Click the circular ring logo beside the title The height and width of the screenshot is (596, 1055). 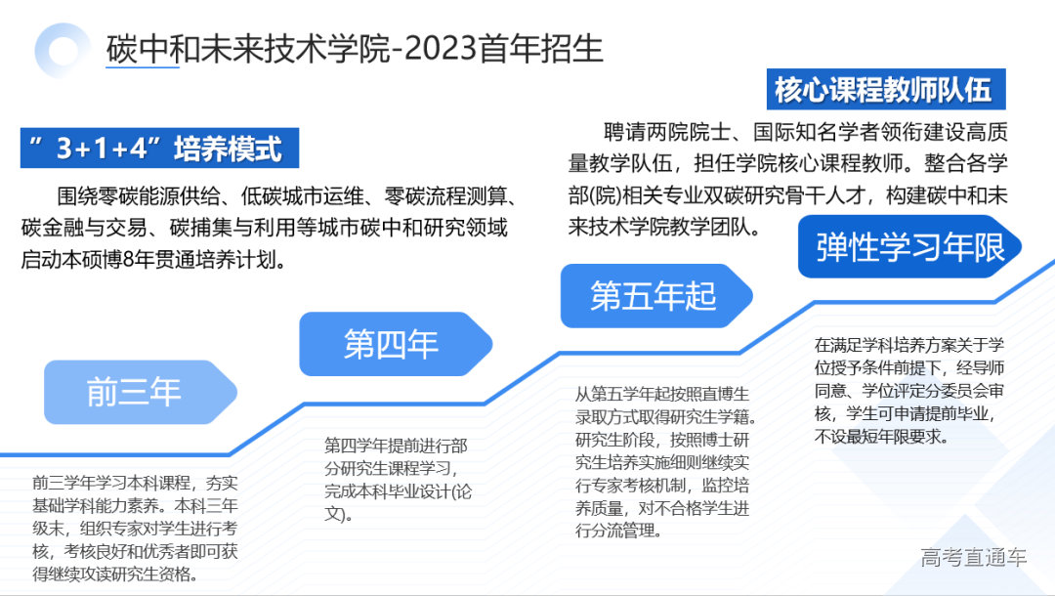(63, 49)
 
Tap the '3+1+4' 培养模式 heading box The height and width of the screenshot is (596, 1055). (159, 149)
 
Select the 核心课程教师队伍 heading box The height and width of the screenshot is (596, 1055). (884, 90)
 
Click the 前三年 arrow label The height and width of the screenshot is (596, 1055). (135, 392)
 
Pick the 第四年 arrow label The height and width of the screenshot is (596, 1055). (391, 344)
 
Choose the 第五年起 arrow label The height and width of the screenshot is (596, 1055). (652, 295)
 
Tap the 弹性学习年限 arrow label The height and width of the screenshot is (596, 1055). (908, 247)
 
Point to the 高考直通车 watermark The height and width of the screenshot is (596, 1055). (973, 558)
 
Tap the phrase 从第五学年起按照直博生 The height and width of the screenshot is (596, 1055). (661, 394)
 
